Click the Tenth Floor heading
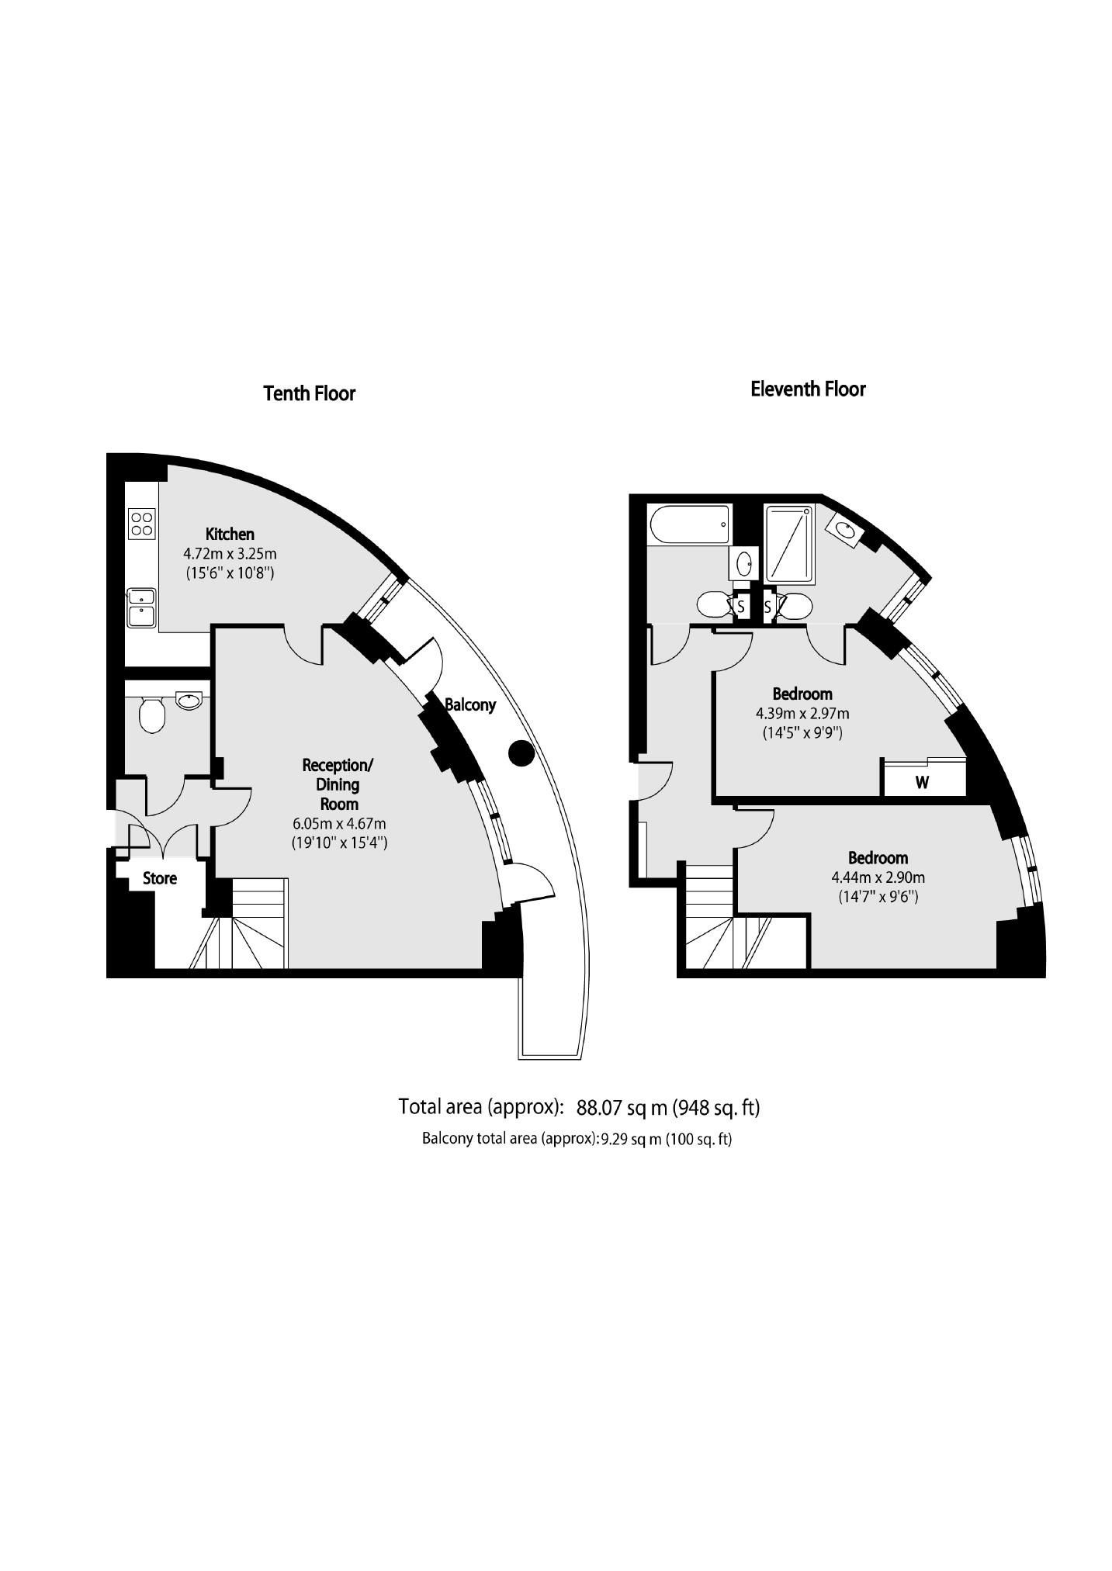(309, 393)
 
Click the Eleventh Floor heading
(807, 389)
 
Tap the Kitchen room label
(230, 534)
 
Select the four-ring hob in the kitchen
(142, 523)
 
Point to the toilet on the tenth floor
(152, 714)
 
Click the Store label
(160, 878)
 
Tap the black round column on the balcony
(521, 753)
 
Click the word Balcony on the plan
(470, 704)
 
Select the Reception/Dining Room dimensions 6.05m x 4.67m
(339, 823)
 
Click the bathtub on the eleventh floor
(689, 525)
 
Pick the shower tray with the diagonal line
(789, 544)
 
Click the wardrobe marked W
(923, 783)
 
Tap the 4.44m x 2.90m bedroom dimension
(878, 878)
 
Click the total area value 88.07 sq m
(622, 1108)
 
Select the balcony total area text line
(577, 1140)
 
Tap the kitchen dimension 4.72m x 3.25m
(230, 554)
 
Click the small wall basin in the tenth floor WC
(189, 701)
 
